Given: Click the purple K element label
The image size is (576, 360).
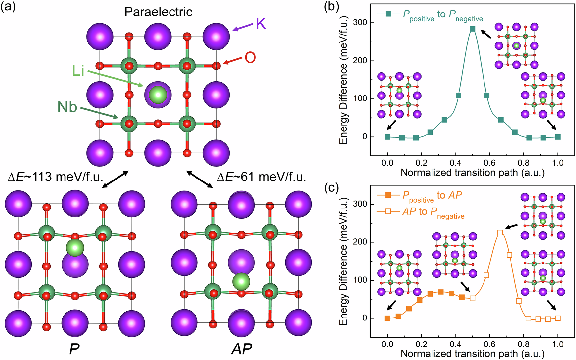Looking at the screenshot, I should (261, 24).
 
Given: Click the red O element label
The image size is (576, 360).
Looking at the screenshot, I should (250, 58).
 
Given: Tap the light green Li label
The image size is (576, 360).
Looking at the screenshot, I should (78, 71).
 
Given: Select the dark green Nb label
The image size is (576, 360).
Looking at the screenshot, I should (67, 107).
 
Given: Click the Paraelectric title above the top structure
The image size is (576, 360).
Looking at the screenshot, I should (158, 12).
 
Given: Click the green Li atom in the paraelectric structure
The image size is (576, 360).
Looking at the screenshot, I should (158, 95).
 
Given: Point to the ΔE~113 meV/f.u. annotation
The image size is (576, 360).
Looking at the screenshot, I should (55, 177).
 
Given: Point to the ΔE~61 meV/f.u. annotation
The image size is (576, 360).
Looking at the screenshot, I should (261, 177).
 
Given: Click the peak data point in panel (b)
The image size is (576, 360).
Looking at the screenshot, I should (473, 29).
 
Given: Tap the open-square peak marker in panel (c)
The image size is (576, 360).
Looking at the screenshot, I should (500, 233).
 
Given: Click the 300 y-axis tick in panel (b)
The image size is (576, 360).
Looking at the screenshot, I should (360, 23).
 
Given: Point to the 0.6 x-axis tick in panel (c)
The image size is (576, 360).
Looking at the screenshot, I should (489, 345).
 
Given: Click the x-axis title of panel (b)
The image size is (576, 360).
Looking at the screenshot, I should (472, 173).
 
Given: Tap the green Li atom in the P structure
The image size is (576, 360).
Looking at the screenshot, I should (75, 248).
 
